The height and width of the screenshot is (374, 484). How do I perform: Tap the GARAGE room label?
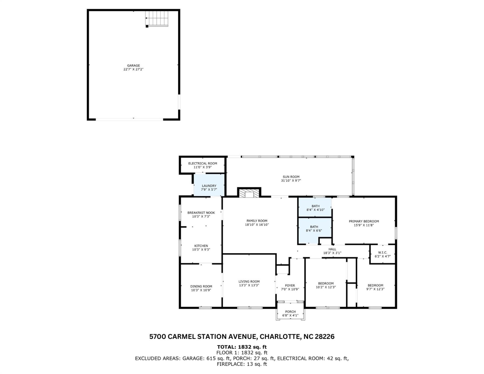133,66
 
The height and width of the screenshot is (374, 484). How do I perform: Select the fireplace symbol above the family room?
249,193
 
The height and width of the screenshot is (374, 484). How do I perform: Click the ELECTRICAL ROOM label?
202,163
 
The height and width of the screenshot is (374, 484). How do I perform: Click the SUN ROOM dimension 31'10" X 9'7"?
291,181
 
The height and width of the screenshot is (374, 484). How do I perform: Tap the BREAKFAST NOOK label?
201,213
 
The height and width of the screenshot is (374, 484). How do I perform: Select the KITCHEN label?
201,246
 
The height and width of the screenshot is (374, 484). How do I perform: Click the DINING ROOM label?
201,286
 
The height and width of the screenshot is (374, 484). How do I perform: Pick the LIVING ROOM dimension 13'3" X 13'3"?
249,285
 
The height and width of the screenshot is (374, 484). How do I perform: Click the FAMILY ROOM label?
257,221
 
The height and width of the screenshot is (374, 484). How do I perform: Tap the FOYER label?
290,285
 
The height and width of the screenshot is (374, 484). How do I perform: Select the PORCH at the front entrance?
290,313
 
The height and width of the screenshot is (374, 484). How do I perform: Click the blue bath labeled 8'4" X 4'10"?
315,208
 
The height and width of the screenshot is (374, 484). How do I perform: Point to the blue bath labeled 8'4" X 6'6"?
314,228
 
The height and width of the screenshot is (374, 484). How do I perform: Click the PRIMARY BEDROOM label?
364,221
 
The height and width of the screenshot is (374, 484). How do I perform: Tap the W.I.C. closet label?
382,252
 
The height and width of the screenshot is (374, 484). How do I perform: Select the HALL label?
332,249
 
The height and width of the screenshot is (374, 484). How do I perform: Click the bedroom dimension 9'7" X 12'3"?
375,289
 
